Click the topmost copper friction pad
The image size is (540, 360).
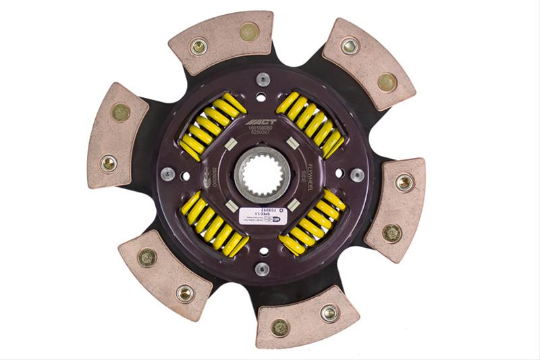222,40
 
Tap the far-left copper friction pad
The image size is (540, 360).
116,135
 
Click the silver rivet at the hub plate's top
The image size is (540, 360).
263,79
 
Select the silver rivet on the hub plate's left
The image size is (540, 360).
166,175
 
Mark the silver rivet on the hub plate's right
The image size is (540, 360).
357,174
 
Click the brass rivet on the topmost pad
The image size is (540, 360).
249,31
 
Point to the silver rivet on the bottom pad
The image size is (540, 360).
329,312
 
